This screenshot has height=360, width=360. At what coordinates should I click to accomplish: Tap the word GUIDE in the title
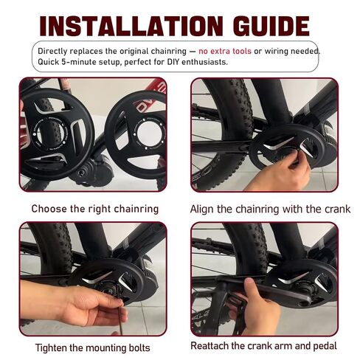point(271,26)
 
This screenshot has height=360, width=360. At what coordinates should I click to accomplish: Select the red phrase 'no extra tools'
point(225,51)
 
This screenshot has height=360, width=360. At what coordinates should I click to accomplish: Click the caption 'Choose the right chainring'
point(95,209)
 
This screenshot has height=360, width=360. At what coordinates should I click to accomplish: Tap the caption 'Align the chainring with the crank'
point(270,209)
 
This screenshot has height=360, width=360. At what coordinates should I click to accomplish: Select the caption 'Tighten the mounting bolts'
point(93,347)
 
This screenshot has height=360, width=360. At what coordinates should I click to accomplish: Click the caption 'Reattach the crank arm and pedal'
point(263,346)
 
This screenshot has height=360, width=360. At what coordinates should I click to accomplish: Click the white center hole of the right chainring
point(149,133)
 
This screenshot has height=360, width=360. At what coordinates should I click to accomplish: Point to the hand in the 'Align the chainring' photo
point(278,171)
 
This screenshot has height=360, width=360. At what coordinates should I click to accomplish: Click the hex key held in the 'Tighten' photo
point(120,311)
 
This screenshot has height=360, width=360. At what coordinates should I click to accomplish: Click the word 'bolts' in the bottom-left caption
point(139,347)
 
